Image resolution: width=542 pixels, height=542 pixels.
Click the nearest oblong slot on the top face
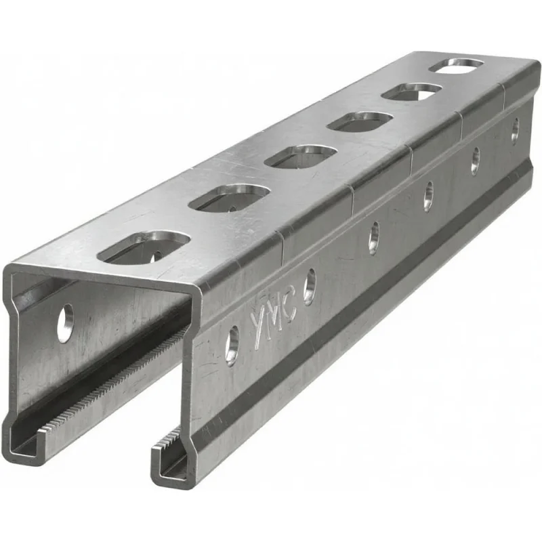(x=144, y=247)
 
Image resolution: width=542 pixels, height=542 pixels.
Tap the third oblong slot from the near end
(x=300, y=157)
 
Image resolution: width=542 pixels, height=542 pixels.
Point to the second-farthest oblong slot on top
(x=412, y=92)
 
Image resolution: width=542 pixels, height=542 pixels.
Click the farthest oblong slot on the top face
(x=456, y=66)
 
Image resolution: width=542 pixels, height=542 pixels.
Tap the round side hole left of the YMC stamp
(x=232, y=346)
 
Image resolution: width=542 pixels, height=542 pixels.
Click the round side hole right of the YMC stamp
(x=310, y=287)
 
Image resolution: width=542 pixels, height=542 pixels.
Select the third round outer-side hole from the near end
(x=374, y=238)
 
